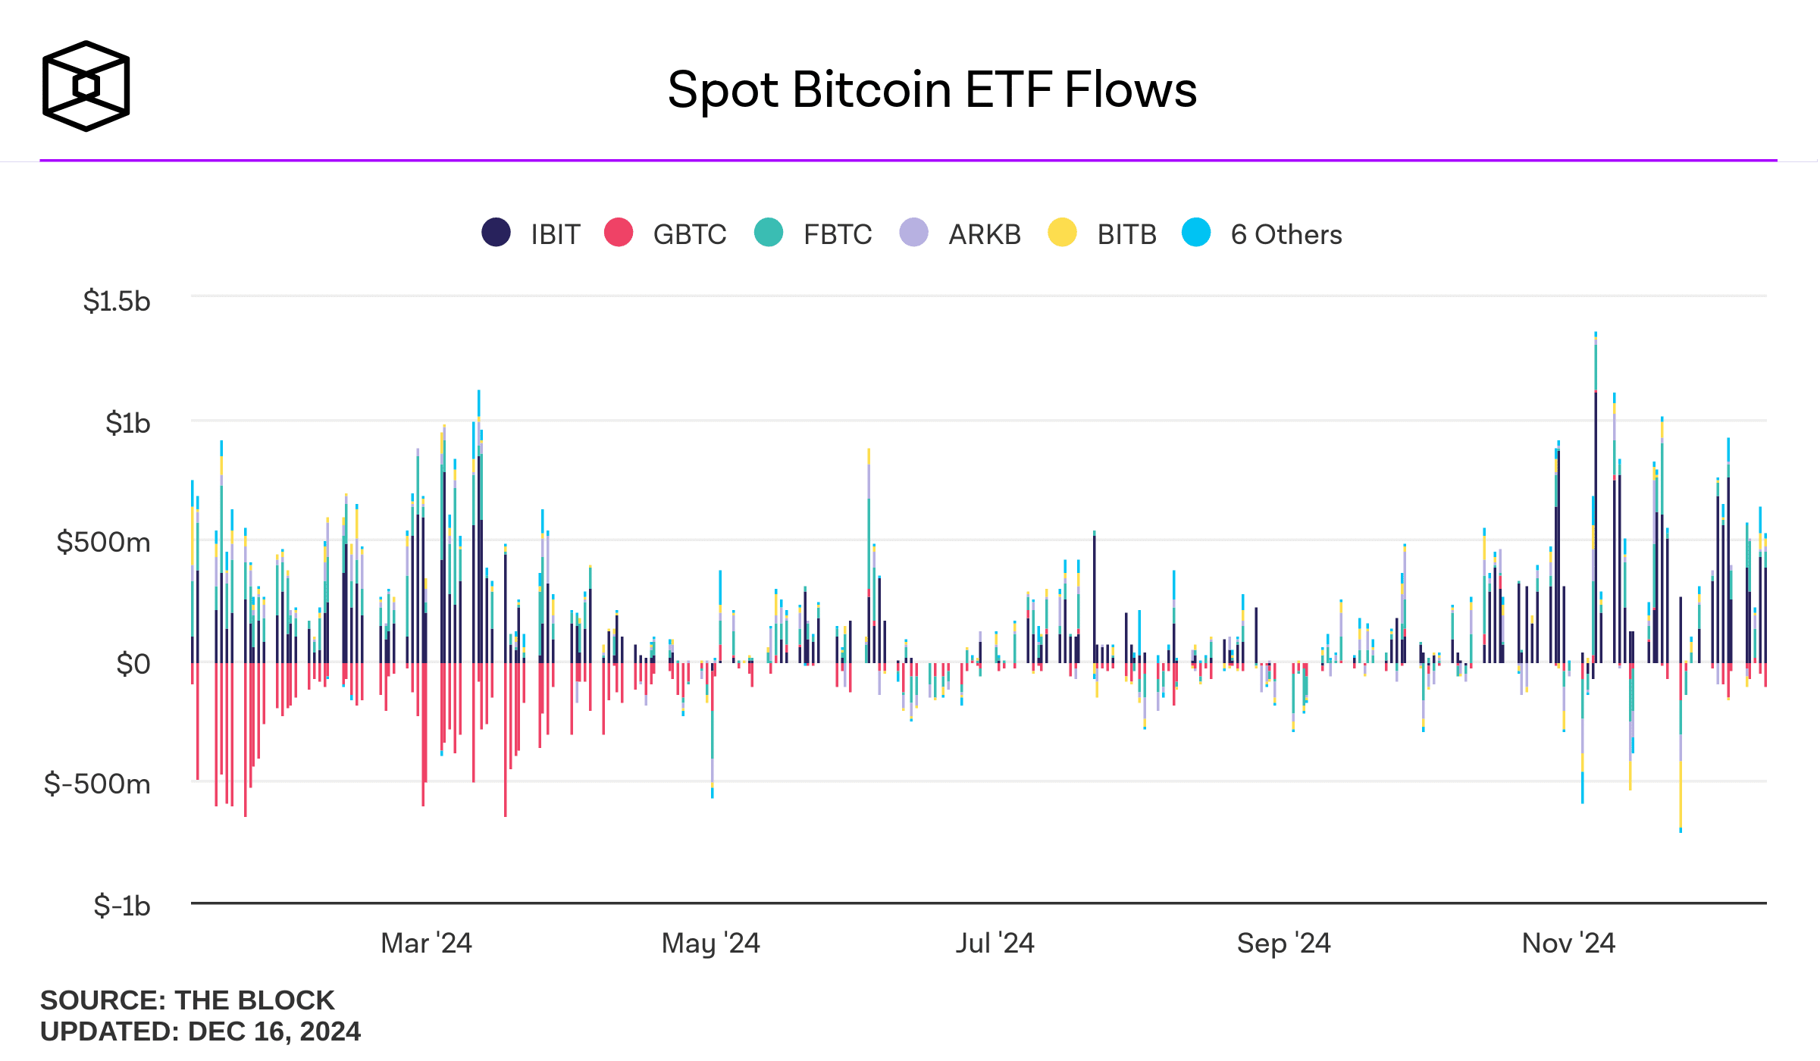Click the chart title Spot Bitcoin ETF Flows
click(932, 90)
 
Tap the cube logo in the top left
click(86, 86)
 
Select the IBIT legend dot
click(496, 233)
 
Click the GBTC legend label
click(689, 235)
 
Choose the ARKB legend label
click(984, 235)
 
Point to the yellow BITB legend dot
click(1062, 233)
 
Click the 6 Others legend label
click(1286, 235)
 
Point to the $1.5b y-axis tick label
click(117, 302)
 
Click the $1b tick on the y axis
click(127, 423)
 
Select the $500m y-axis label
click(103, 543)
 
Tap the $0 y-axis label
click(133, 664)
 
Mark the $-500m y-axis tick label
click(97, 784)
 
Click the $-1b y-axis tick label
click(121, 906)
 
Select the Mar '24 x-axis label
click(426, 944)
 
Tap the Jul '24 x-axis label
click(995, 944)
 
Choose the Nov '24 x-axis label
click(1568, 944)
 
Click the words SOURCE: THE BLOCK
click(187, 1000)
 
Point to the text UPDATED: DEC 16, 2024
click(200, 1031)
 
